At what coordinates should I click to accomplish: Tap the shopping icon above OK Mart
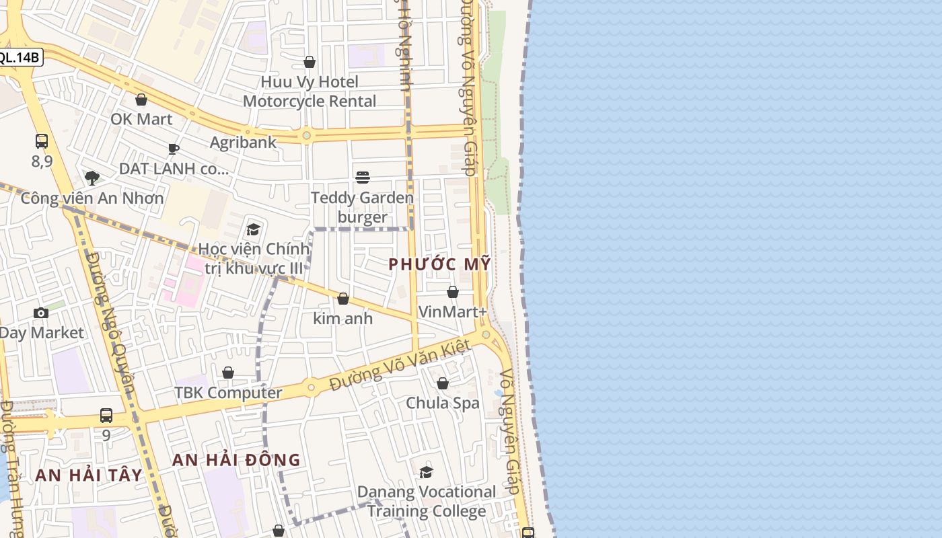click(141, 100)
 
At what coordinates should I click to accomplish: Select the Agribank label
click(243, 142)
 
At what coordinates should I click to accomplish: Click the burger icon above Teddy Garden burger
click(363, 178)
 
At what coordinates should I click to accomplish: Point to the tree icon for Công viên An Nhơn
click(92, 178)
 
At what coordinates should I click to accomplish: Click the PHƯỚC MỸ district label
click(439, 264)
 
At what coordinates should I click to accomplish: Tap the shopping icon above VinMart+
click(453, 293)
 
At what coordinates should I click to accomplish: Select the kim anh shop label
click(343, 318)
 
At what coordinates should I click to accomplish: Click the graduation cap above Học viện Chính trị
click(254, 230)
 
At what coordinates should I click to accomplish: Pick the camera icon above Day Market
click(41, 313)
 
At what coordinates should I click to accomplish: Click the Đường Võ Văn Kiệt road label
click(400, 367)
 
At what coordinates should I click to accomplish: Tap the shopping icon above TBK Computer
click(228, 373)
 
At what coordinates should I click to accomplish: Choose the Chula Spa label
click(443, 403)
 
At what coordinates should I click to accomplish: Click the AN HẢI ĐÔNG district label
click(236, 460)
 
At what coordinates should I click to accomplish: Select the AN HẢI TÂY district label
click(89, 475)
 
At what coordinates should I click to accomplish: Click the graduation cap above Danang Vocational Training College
click(426, 473)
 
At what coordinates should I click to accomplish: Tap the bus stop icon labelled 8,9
click(42, 141)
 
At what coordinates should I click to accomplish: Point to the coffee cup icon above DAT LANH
click(174, 149)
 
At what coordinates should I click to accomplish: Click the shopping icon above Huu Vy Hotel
click(310, 63)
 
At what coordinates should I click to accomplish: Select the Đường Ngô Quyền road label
click(112, 323)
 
